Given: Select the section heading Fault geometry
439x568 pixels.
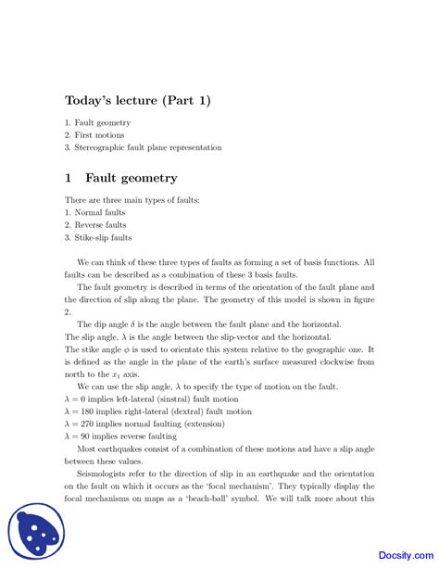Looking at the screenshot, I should click(131, 178).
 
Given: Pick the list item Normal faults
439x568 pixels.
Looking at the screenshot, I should click(100, 212).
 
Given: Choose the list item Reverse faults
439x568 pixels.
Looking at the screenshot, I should click(101, 224).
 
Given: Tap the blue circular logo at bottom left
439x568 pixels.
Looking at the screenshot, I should click(34, 532).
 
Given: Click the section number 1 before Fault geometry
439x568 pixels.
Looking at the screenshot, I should click(69, 178).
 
